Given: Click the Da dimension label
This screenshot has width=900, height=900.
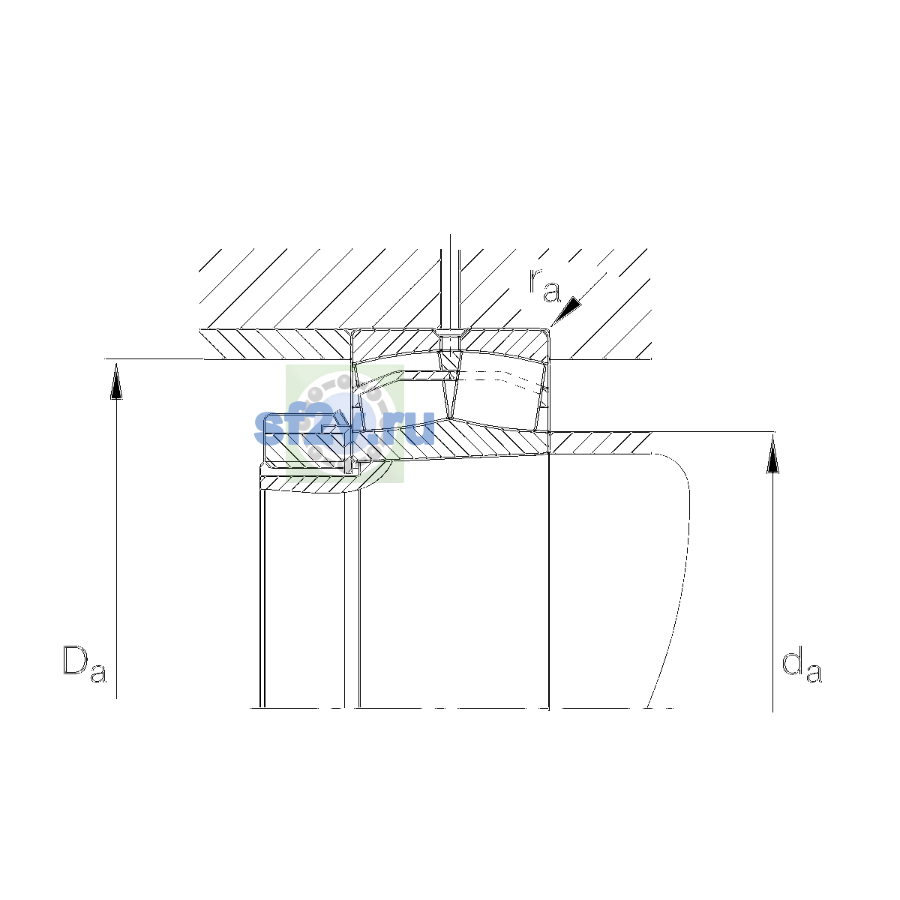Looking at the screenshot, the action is pos(85,664).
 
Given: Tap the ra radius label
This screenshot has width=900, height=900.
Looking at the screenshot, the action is pos(544,286).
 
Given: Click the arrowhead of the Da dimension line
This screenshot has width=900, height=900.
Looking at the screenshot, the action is pos(116,382).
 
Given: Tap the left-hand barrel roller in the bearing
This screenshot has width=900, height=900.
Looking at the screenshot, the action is pos(403,396).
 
